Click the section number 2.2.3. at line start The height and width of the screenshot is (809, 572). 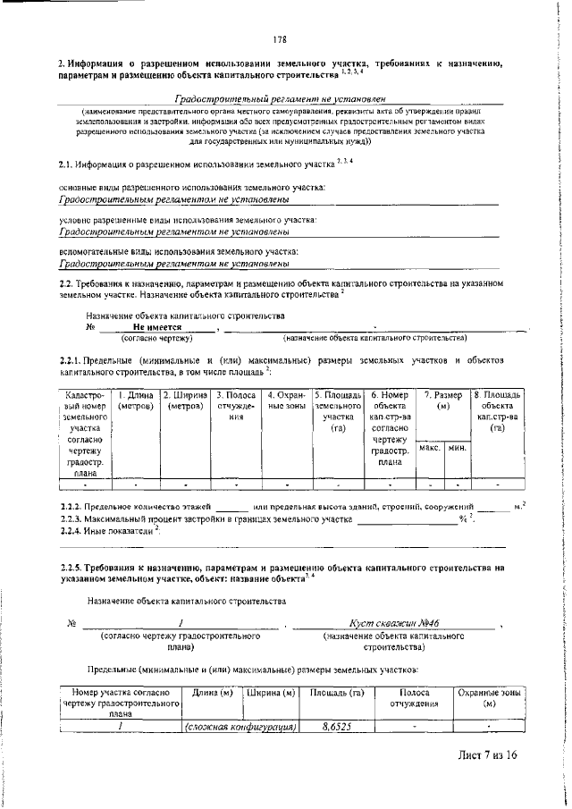[73, 519]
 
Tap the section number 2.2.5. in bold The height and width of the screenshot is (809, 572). [75, 568]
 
